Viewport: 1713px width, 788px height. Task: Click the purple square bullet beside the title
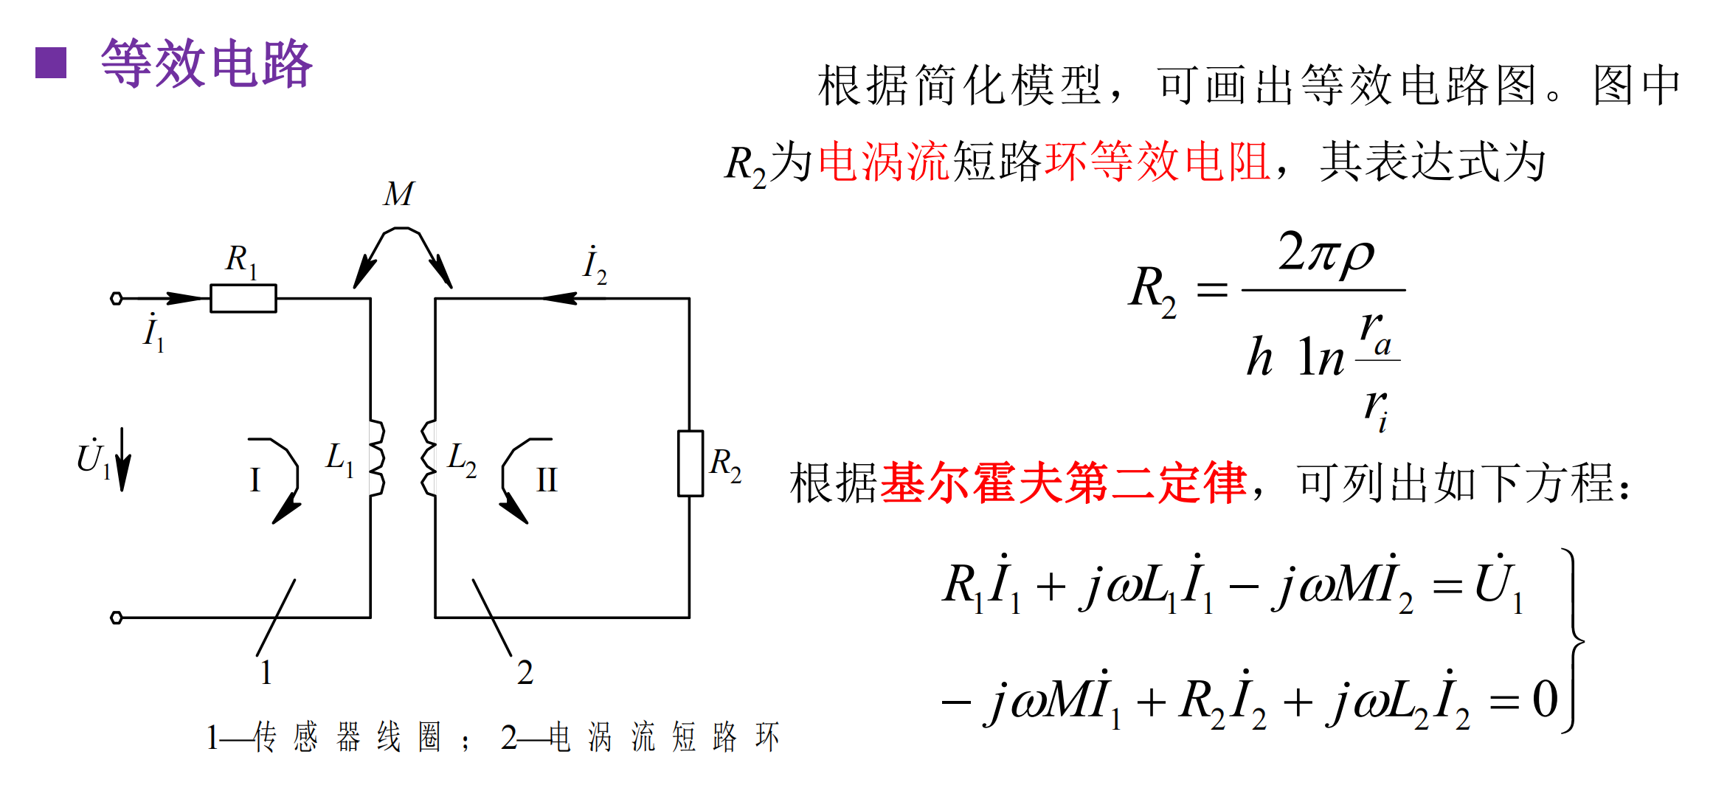point(51,63)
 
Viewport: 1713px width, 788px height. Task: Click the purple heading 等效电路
point(207,63)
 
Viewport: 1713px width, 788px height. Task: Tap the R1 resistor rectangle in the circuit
point(243,298)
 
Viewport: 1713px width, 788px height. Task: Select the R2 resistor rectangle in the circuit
point(691,463)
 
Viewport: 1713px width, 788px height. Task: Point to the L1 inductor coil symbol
point(376,458)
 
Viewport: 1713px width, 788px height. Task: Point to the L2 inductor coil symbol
point(429,458)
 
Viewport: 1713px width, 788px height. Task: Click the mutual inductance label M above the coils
point(398,194)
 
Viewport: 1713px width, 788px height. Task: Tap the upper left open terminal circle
point(116,298)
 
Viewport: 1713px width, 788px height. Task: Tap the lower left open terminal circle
point(116,618)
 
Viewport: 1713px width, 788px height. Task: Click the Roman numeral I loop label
point(255,480)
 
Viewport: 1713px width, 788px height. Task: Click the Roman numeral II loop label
point(547,480)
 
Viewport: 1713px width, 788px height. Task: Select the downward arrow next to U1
point(123,459)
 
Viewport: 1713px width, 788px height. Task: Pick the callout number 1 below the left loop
point(266,672)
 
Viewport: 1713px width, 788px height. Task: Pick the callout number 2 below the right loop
point(525,672)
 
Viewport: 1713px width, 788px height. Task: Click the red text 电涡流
point(884,162)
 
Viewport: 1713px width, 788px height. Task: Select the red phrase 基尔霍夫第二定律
point(1063,483)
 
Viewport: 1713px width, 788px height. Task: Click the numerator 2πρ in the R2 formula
point(1326,253)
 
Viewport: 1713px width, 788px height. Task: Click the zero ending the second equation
point(1545,699)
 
